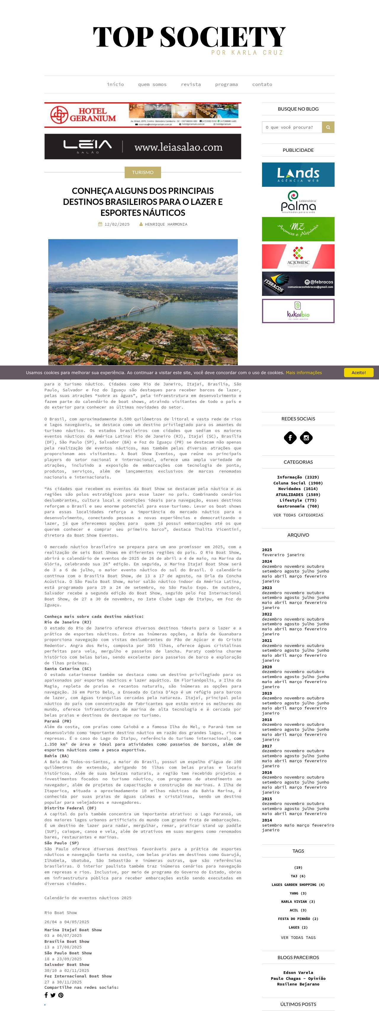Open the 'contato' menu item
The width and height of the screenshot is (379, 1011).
[x=262, y=84]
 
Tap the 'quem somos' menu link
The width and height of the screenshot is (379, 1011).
[x=152, y=84]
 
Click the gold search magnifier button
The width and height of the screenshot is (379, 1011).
[x=328, y=127]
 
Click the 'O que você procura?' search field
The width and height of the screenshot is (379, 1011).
[x=292, y=127]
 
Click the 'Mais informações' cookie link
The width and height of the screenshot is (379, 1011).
[x=303, y=372]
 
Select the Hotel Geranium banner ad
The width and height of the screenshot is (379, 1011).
[x=143, y=115]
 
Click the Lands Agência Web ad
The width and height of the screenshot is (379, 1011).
[x=298, y=175]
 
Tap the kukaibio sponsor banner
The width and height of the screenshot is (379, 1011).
[x=298, y=311]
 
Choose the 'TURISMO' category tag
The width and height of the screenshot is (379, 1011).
[x=143, y=172]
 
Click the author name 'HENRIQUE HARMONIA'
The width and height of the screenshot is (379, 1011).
[x=166, y=224]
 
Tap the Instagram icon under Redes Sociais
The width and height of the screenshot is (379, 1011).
[x=306, y=438]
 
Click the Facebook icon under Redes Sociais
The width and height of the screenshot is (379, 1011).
[x=290, y=438]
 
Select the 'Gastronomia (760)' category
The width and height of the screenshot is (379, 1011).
[x=298, y=506]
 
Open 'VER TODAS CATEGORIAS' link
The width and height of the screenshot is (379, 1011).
[x=298, y=515]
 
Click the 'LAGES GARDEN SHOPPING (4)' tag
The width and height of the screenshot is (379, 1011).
[x=298, y=885]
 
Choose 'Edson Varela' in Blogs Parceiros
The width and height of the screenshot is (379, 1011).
[x=298, y=972]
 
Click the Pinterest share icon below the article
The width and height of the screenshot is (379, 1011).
[x=61, y=995]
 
